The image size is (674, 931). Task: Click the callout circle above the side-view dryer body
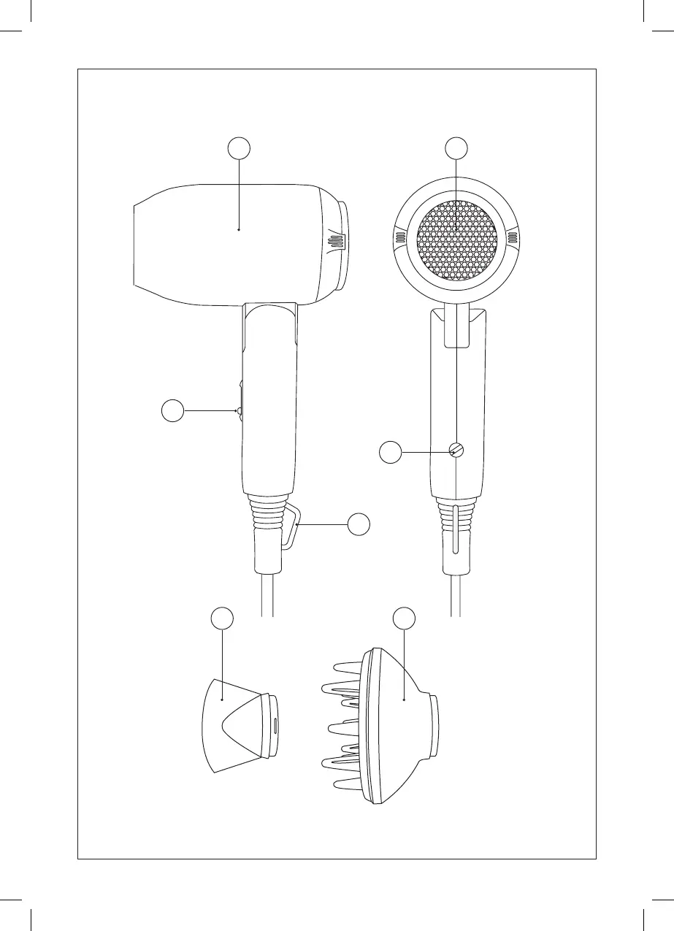click(x=239, y=148)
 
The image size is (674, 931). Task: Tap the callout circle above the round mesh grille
click(x=456, y=148)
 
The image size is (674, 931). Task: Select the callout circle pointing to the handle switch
click(x=172, y=412)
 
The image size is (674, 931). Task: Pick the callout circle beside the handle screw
click(x=391, y=453)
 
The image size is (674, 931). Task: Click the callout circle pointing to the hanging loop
click(x=359, y=524)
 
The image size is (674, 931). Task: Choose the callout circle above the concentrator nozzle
click(x=223, y=618)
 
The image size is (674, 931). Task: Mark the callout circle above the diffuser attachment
click(x=404, y=618)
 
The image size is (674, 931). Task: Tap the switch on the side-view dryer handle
click(x=239, y=411)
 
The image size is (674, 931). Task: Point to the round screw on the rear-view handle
click(x=456, y=451)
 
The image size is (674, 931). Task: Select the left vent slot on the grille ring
click(x=401, y=237)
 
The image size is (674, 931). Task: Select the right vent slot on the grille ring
click(x=512, y=237)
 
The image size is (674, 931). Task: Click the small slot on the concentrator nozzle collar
click(x=275, y=725)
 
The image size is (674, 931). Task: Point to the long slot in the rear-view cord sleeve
click(x=456, y=529)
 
